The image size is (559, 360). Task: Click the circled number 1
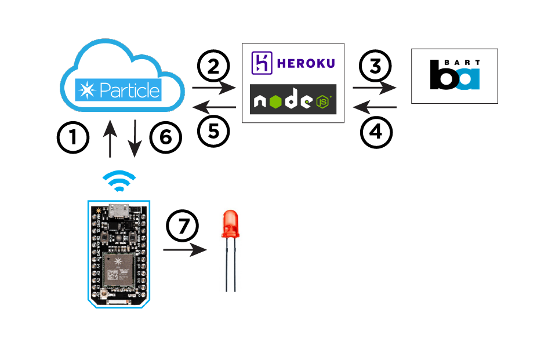click(73, 138)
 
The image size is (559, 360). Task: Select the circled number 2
click(214, 67)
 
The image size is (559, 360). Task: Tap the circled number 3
click(376, 67)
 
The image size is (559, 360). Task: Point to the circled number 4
click(376, 132)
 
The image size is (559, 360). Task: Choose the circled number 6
click(166, 138)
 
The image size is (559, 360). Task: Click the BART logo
click(455, 76)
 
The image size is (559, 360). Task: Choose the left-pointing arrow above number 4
click(375, 107)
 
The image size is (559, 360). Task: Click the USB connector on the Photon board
click(120, 209)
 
